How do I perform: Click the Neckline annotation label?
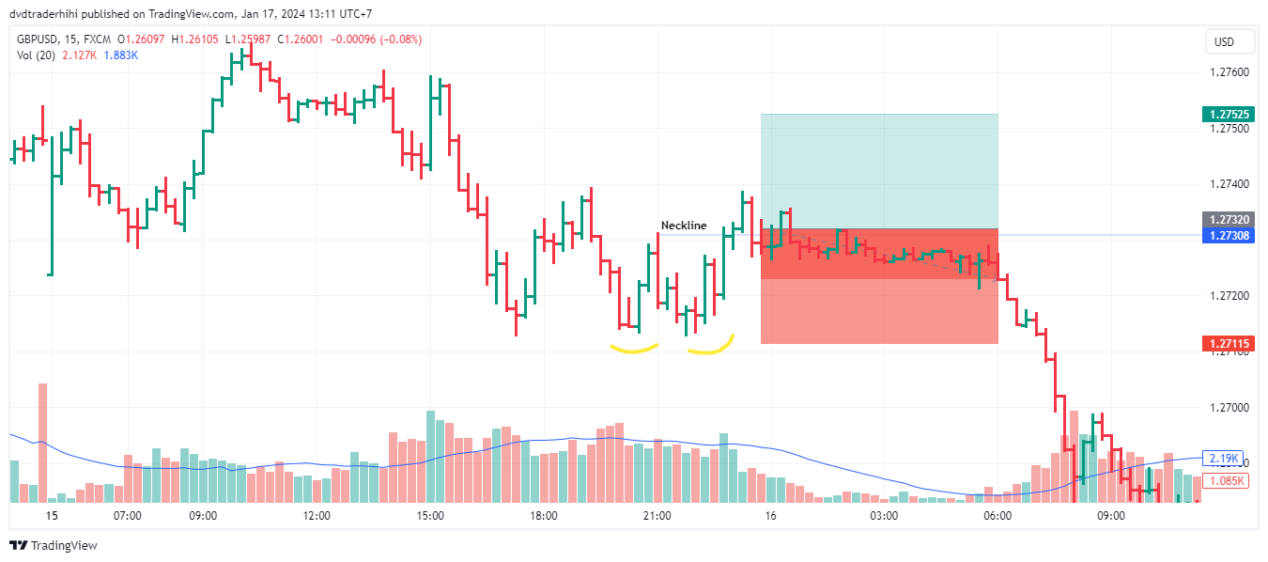684,226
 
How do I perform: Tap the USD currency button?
1224,42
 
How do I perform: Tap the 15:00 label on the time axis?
430,516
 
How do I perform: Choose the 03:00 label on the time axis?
884,516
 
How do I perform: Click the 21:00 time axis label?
657,516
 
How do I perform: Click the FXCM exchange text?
96,39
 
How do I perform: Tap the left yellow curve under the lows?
634,350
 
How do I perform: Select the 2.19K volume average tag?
1225,459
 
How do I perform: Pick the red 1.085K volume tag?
1227,481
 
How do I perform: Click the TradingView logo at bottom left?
54,546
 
